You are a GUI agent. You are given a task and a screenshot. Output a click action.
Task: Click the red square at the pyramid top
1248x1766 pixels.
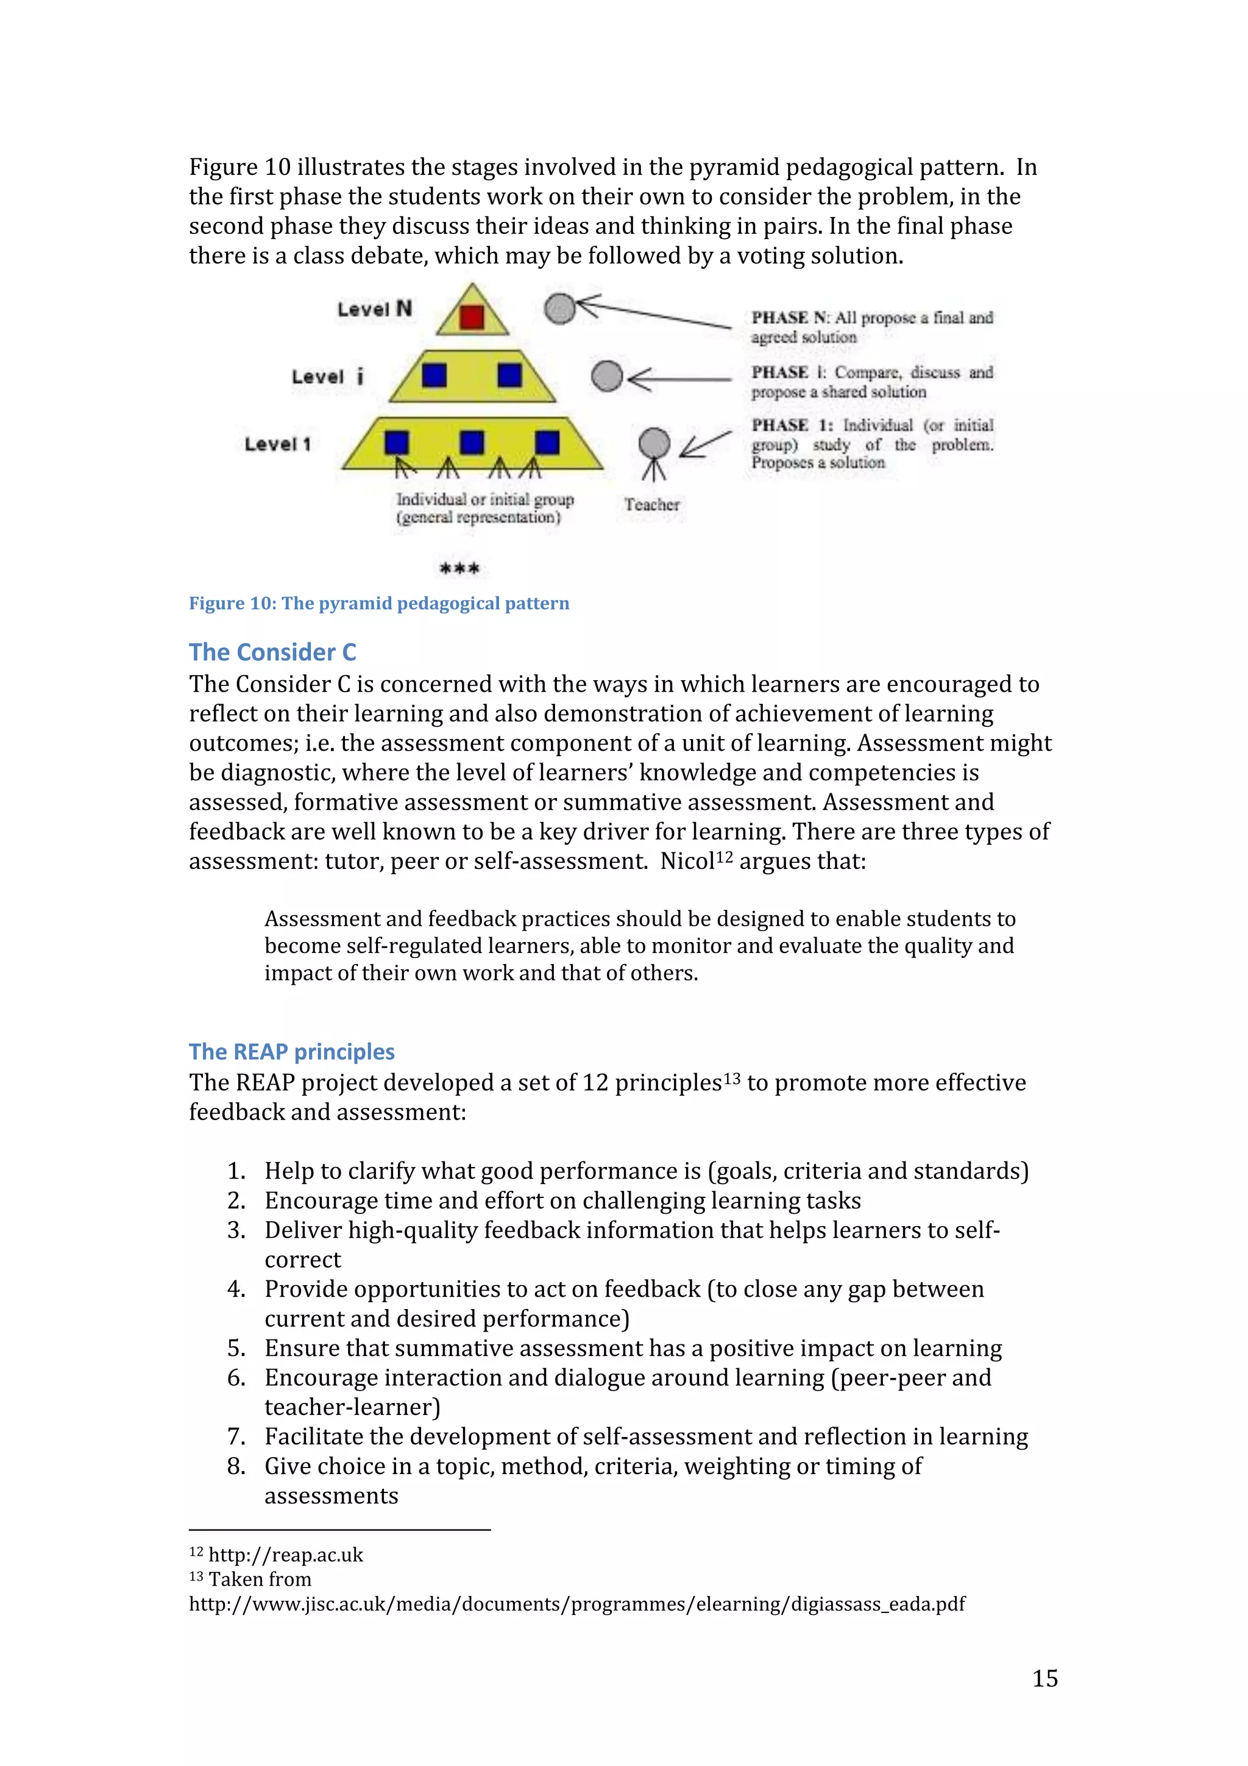tap(472, 317)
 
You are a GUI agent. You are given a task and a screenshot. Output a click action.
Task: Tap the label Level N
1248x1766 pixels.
tap(375, 309)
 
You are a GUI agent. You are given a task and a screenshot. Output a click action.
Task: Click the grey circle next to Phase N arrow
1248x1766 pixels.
tap(560, 308)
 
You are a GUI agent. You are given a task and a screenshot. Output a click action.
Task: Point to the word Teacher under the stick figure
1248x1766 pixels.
tap(651, 505)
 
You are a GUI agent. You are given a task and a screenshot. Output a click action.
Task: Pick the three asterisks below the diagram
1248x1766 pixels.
tap(459, 569)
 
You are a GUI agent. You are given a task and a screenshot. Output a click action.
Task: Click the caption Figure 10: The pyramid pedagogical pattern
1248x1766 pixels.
tap(379, 603)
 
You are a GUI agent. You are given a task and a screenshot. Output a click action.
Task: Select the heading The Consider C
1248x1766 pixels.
tap(272, 652)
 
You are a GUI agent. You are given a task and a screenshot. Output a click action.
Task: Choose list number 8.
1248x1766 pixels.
tap(235, 1466)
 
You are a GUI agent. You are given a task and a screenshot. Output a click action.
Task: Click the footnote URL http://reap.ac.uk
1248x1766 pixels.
tap(285, 1555)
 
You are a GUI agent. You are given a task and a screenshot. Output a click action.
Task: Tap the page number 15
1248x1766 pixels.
tap(1044, 1678)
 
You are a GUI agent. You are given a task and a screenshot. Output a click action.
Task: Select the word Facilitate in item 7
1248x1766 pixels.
tap(314, 1436)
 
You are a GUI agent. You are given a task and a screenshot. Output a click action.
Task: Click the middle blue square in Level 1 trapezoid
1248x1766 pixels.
tap(472, 442)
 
